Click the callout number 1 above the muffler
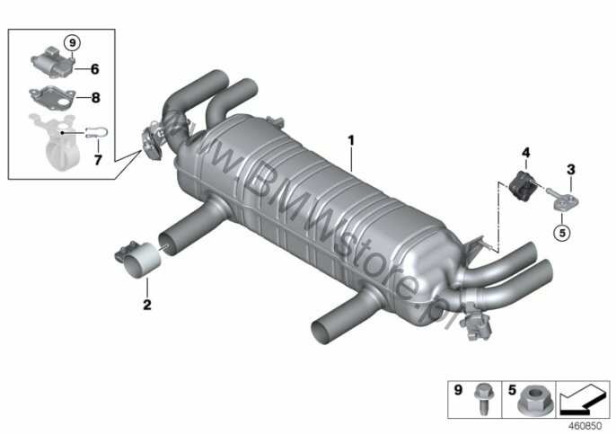point(351,140)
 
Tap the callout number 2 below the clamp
point(147,305)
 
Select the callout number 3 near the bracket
point(571,170)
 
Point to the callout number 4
point(525,153)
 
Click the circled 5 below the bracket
point(562,233)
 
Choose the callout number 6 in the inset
point(94,69)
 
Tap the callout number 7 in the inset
point(98,160)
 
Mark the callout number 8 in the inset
point(95,97)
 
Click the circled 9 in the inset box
point(72,42)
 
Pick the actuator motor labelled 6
point(52,61)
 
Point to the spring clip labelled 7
point(94,132)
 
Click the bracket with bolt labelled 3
point(562,199)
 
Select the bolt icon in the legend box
point(482,399)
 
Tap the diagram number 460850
point(585,426)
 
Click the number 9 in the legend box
point(458,390)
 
